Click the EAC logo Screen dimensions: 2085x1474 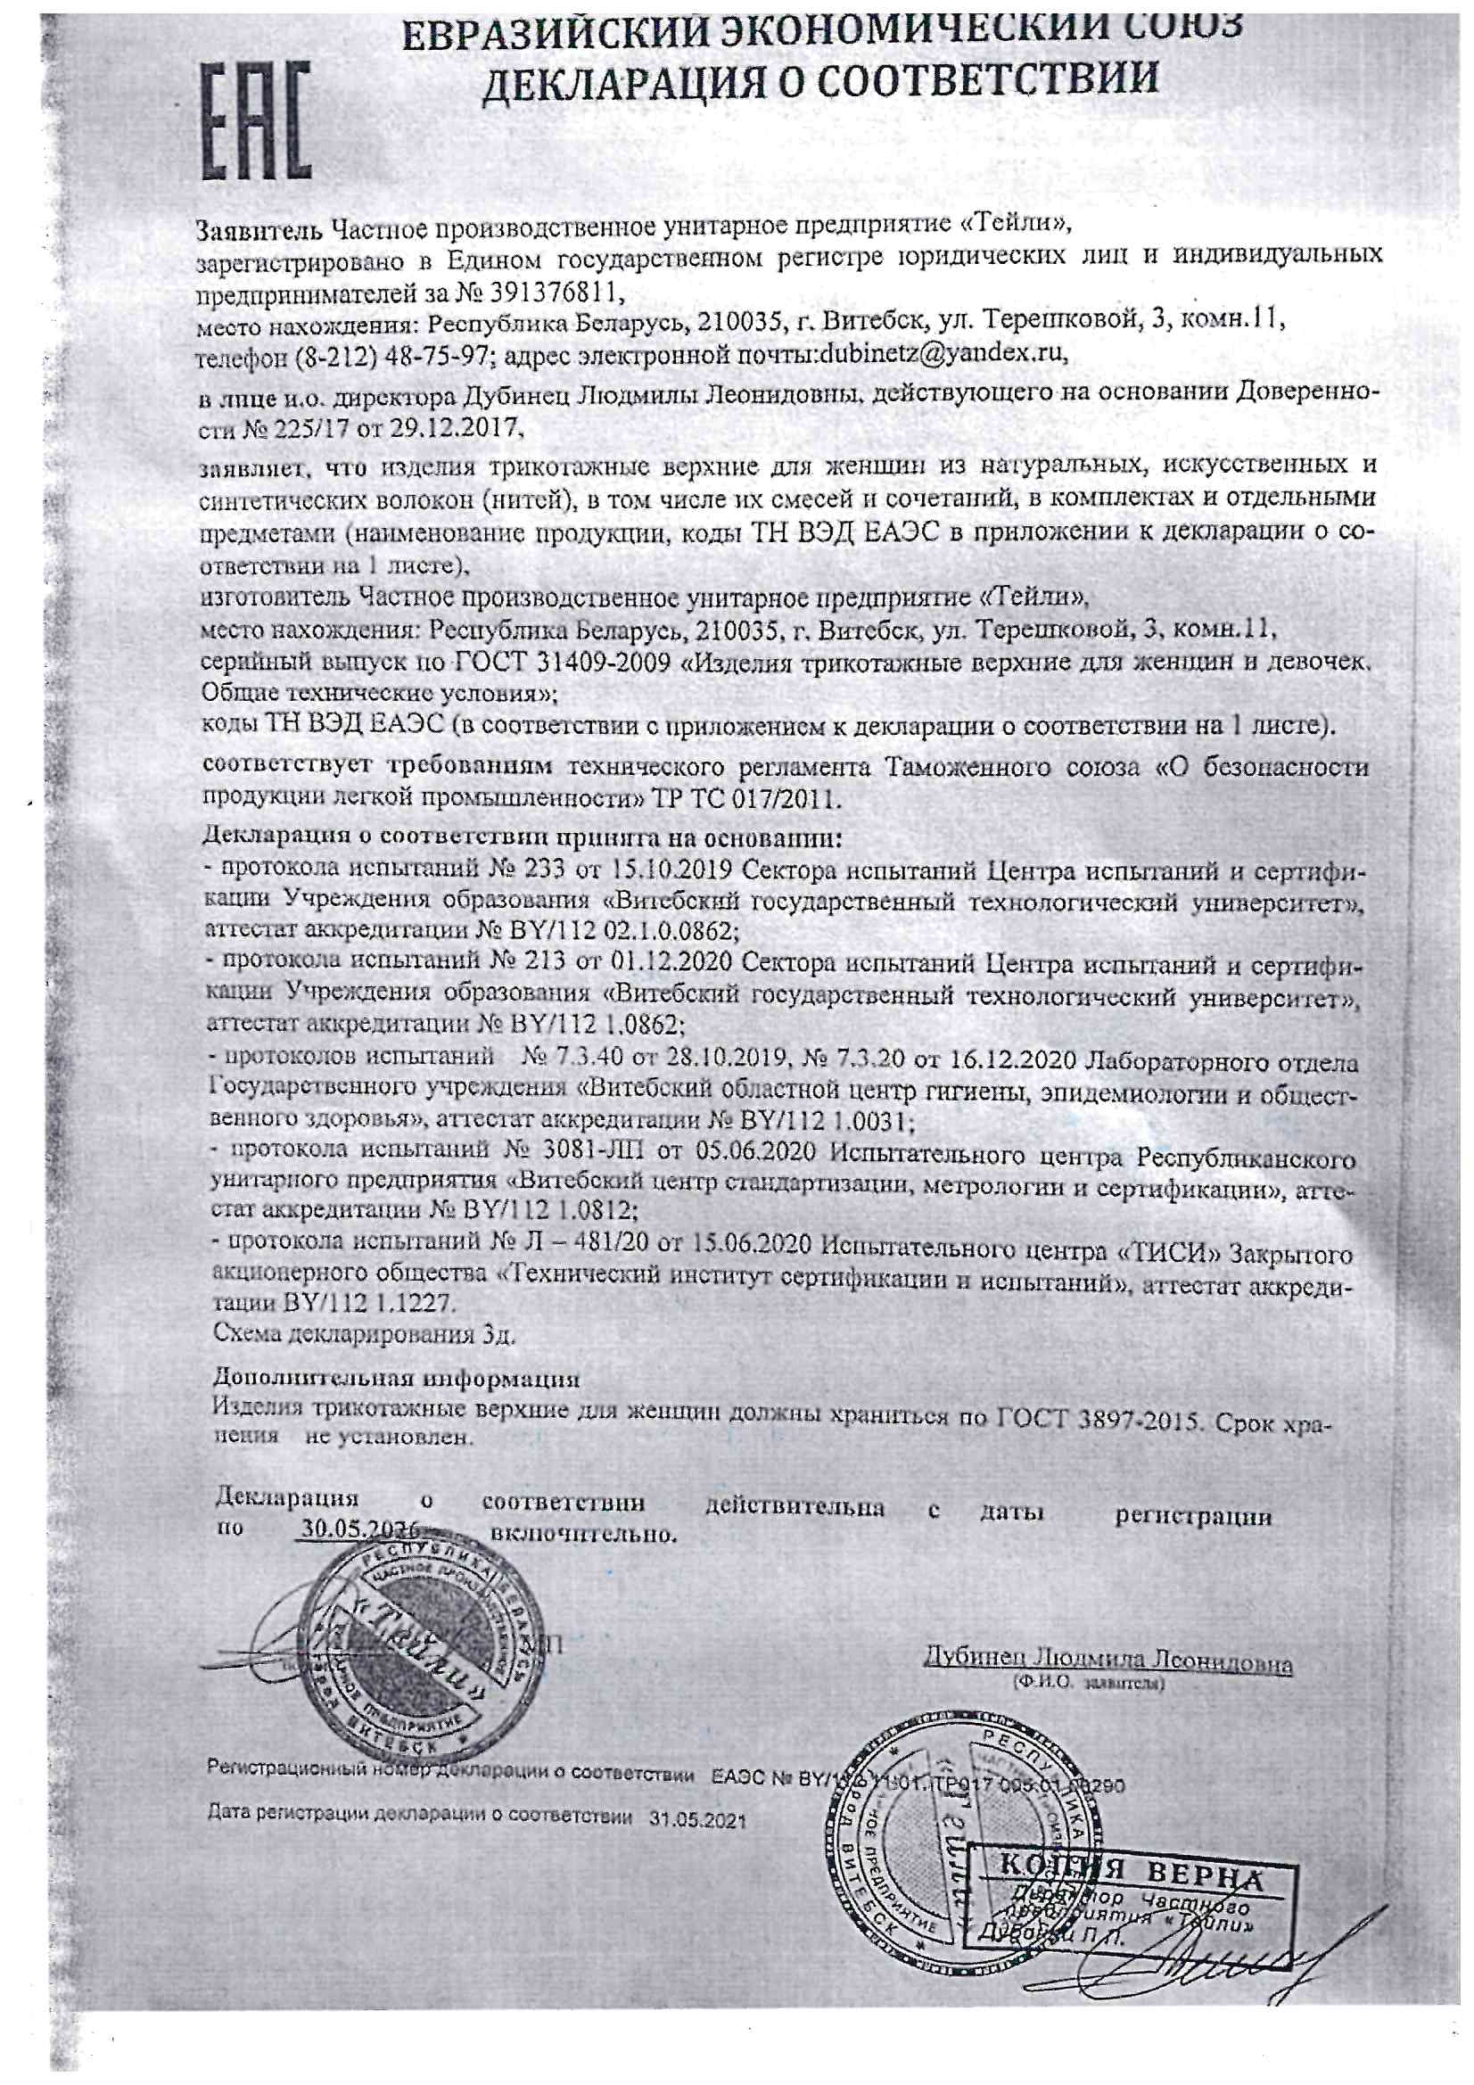tap(255, 120)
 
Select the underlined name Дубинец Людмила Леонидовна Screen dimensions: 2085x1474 tap(1108, 1662)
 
